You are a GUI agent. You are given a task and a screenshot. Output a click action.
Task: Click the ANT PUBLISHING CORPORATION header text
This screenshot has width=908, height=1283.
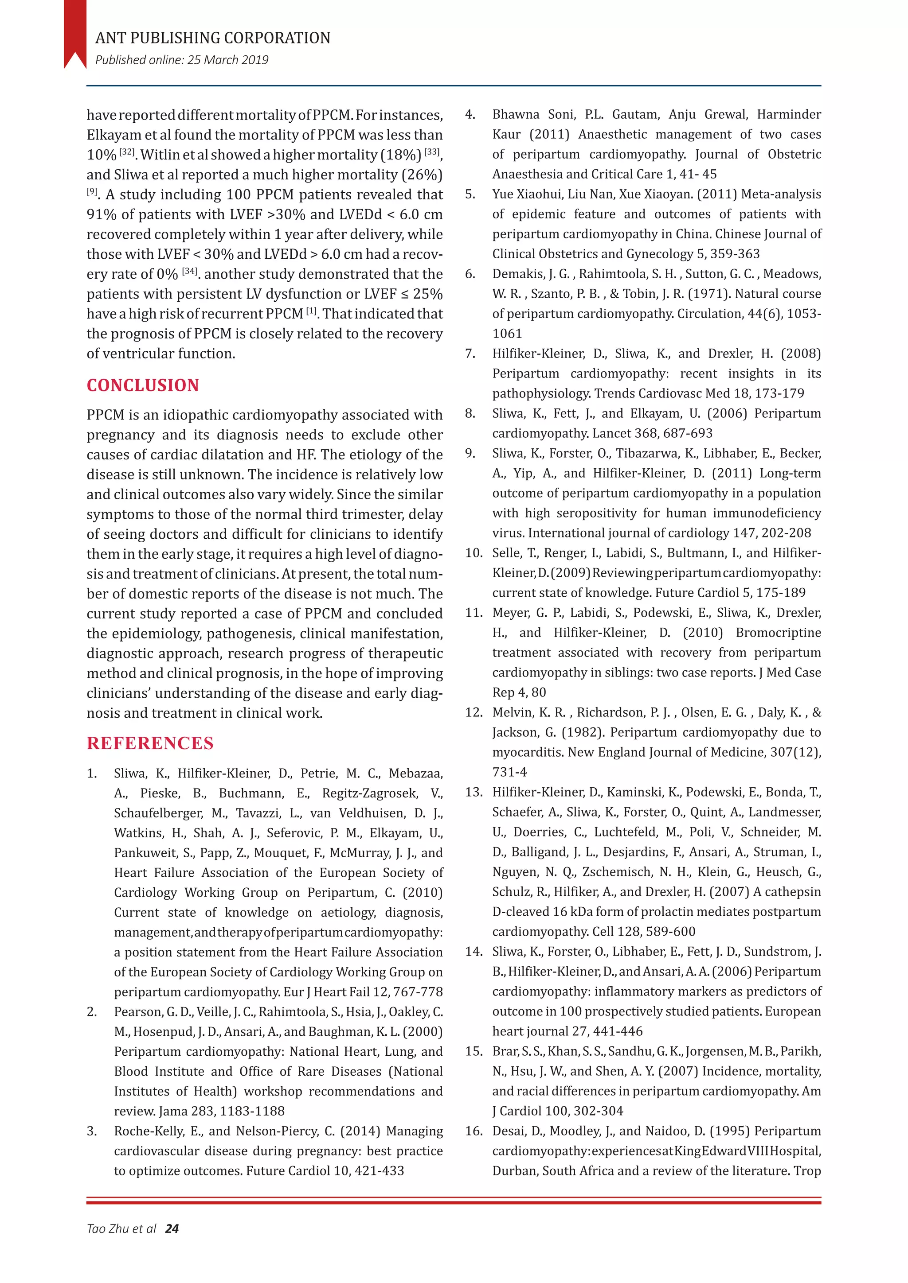tap(212, 38)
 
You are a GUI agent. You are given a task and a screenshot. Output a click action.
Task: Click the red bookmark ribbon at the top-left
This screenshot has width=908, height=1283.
tap(75, 34)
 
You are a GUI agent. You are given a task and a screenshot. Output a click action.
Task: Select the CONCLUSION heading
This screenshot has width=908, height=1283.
tap(143, 385)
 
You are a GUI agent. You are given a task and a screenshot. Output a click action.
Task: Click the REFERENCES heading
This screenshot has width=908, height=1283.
tap(150, 743)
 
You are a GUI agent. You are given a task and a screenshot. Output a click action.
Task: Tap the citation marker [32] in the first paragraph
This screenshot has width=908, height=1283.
tap(127, 152)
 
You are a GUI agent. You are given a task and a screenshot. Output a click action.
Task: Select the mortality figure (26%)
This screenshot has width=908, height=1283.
tap(422, 175)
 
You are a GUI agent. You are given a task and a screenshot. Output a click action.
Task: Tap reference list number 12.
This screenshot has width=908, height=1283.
tap(473, 712)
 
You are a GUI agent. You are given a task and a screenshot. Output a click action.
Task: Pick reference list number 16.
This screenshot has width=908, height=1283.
tap(473, 1131)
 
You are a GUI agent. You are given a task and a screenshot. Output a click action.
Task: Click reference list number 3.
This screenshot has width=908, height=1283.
tap(92, 1131)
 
